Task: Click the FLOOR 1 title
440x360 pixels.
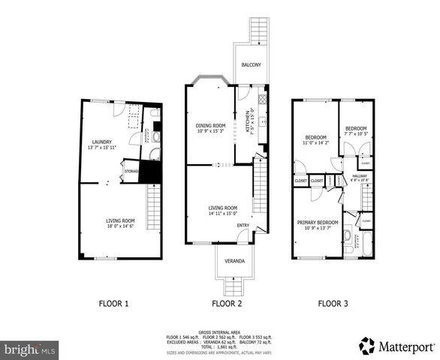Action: pos(114,304)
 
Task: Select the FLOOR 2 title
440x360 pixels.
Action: pos(226,304)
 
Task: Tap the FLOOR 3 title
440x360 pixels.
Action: pos(333,304)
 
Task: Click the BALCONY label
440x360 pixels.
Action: pos(251,66)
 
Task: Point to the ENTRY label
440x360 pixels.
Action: pos(243,224)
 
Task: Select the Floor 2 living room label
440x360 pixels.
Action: pos(222,209)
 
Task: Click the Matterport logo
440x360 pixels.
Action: pos(397,346)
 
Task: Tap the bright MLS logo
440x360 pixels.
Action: pos(30,349)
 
